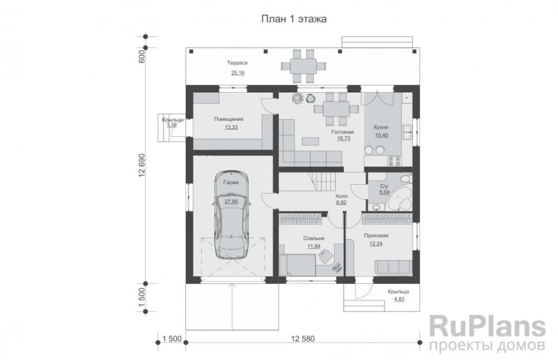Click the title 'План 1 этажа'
pos(294,19)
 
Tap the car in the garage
pos(231,215)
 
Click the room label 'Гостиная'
pos(342,132)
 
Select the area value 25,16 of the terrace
pos(238,73)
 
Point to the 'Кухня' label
pos(381,127)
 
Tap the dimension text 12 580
pos(303,339)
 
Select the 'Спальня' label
pos(313,239)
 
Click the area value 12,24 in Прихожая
pos(376,243)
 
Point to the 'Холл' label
pos(341,196)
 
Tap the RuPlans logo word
pos(487,327)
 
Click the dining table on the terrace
pos(303,66)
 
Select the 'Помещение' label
pos(228,119)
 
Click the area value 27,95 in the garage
pos(231,201)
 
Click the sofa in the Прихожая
pos(393,266)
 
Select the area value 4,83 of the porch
pos(398,299)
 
